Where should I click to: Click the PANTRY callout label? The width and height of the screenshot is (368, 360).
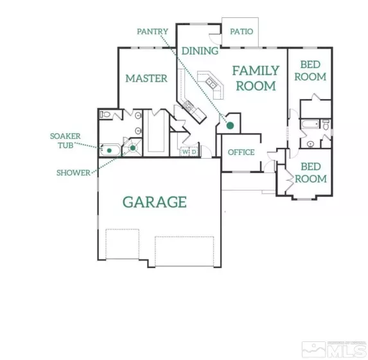152,31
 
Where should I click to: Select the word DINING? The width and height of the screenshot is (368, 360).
199,51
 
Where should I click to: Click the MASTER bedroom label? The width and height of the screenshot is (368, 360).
146,78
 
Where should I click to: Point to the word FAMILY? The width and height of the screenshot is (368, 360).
256,71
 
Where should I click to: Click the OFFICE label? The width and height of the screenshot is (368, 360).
241,152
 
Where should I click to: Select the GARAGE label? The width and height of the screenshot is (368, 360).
155,202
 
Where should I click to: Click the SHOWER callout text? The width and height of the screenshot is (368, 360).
73,172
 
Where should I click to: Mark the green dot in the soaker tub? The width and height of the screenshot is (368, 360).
109,150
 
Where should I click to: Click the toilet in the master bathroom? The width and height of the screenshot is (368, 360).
107,114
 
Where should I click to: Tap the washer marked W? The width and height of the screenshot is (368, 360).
184,152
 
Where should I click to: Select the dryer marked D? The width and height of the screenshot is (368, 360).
193,152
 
